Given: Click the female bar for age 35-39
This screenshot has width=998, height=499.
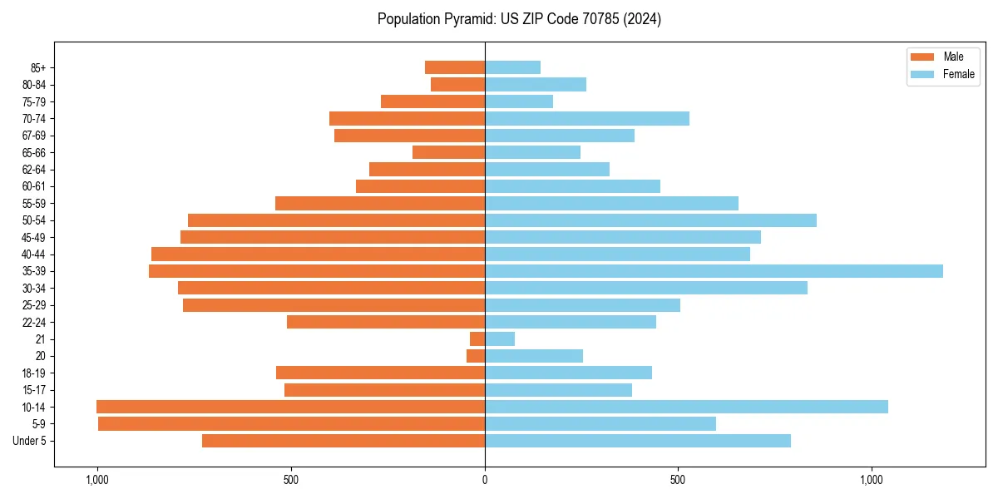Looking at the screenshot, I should [x=714, y=271].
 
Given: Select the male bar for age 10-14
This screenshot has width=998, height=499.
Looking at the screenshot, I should [x=290, y=407].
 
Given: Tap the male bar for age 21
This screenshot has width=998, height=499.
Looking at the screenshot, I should [x=477, y=339].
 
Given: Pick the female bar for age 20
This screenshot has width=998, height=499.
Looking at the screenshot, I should [x=534, y=356].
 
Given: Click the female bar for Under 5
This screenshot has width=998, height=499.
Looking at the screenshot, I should [x=637, y=441].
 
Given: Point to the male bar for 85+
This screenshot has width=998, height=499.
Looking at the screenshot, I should [x=455, y=67].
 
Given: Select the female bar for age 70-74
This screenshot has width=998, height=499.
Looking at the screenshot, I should [x=587, y=118].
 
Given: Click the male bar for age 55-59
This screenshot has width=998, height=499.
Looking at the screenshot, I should [x=380, y=203].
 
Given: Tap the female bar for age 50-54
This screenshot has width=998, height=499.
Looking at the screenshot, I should [x=650, y=220].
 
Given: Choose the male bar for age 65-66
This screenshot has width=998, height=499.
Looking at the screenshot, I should [x=448, y=152].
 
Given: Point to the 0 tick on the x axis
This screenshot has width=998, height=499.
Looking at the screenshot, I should [x=485, y=480].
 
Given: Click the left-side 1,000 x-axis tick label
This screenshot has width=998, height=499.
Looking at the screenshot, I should [x=97, y=480].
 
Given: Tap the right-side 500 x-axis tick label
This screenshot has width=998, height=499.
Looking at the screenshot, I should [x=678, y=480].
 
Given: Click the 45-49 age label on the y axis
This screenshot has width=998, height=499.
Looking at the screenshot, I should [x=34, y=237].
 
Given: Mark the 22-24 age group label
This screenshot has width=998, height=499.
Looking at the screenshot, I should [x=34, y=322].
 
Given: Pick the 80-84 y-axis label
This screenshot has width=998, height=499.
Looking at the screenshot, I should [x=34, y=84].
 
